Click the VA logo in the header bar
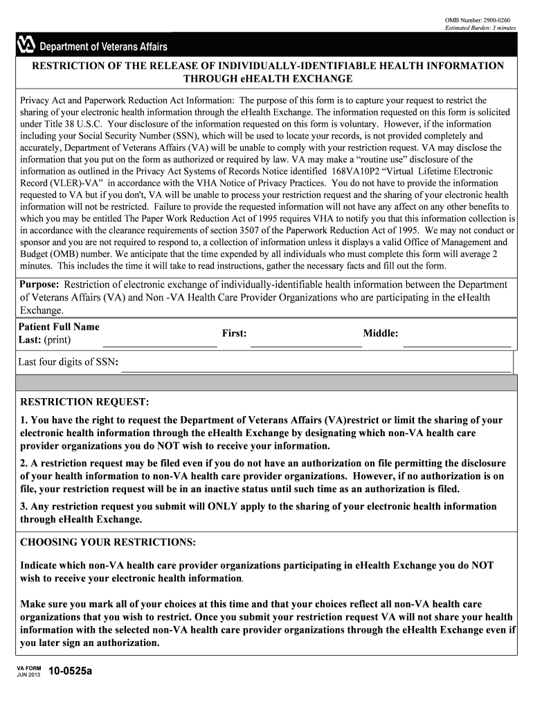(26, 46)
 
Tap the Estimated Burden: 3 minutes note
(480, 28)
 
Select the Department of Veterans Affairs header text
(102, 46)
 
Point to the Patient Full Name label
(59, 327)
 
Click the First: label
(234, 334)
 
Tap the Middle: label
(381, 334)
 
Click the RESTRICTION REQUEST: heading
(84, 402)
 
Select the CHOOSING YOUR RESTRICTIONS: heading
(108, 541)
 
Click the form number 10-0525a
(71, 672)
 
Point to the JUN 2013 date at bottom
(29, 675)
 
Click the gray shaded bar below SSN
(266, 383)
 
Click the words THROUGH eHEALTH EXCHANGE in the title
(266, 79)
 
